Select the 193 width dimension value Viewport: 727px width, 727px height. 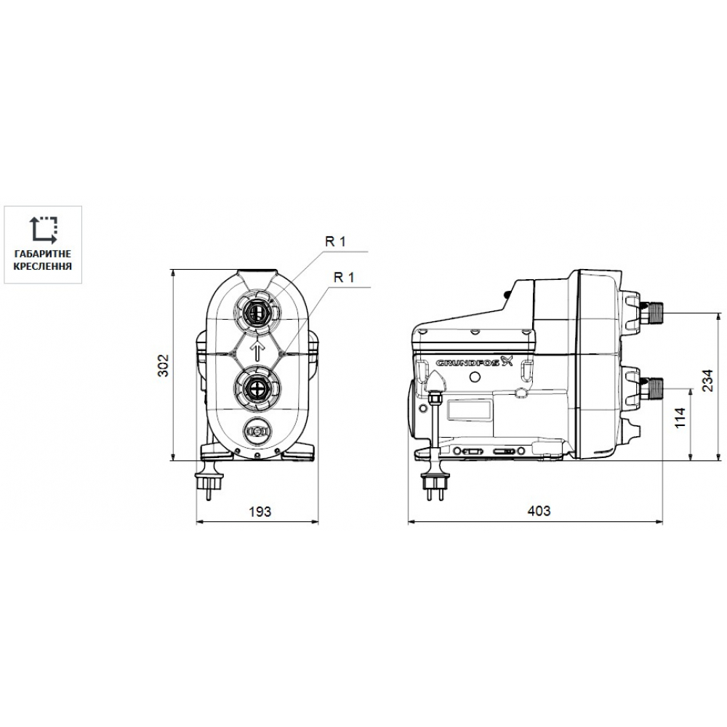pyautogui.click(x=258, y=511)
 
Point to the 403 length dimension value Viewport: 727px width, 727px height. pyautogui.click(x=538, y=511)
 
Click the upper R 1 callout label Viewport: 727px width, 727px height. pyautogui.click(x=335, y=243)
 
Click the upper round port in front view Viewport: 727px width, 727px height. pyautogui.click(x=256, y=312)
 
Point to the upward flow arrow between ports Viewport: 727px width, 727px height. pyautogui.click(x=256, y=350)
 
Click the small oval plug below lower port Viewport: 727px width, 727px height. pyautogui.click(x=256, y=432)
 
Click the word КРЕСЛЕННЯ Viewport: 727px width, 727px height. pyautogui.click(x=44, y=267)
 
